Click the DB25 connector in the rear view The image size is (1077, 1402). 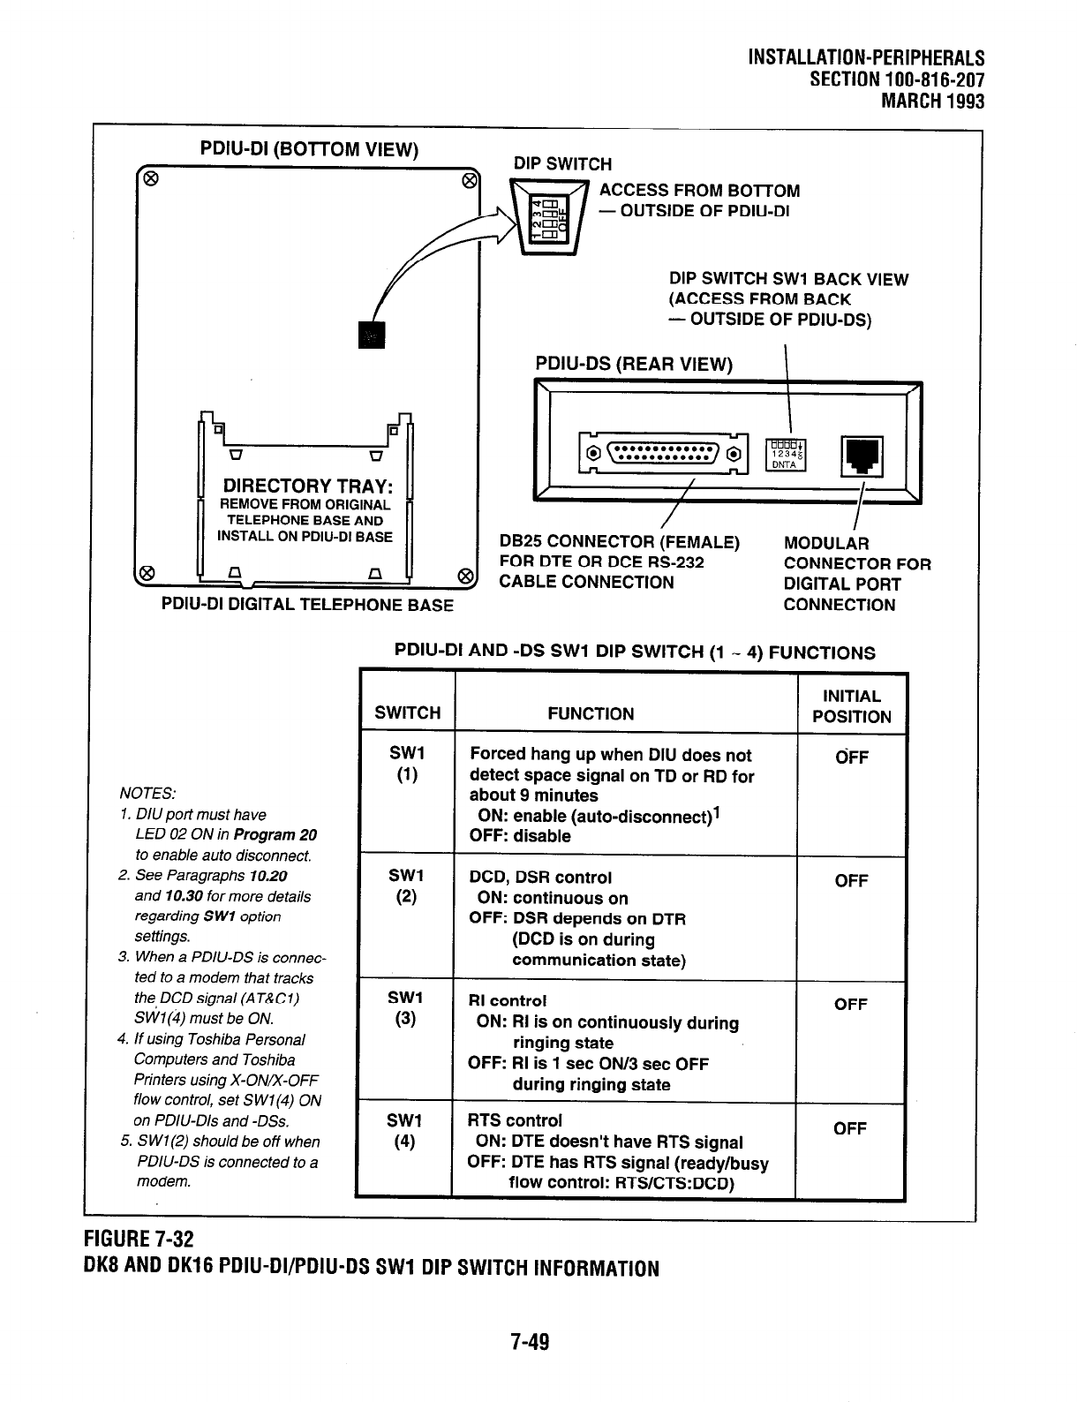pos(664,454)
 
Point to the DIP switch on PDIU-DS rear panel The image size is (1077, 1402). pos(784,453)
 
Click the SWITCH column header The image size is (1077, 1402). pos(407,713)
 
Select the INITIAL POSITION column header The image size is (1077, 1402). pos(851,706)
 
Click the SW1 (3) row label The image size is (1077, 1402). pos(406,1007)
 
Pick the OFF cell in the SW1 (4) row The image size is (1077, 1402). pos(849,1128)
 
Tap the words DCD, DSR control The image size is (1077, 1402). pos(540,878)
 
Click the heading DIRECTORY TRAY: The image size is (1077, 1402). pos(308,486)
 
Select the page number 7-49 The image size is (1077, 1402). pos(530,1343)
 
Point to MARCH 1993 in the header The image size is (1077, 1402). pos(933,101)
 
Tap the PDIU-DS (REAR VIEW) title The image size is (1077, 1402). pos(634,364)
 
